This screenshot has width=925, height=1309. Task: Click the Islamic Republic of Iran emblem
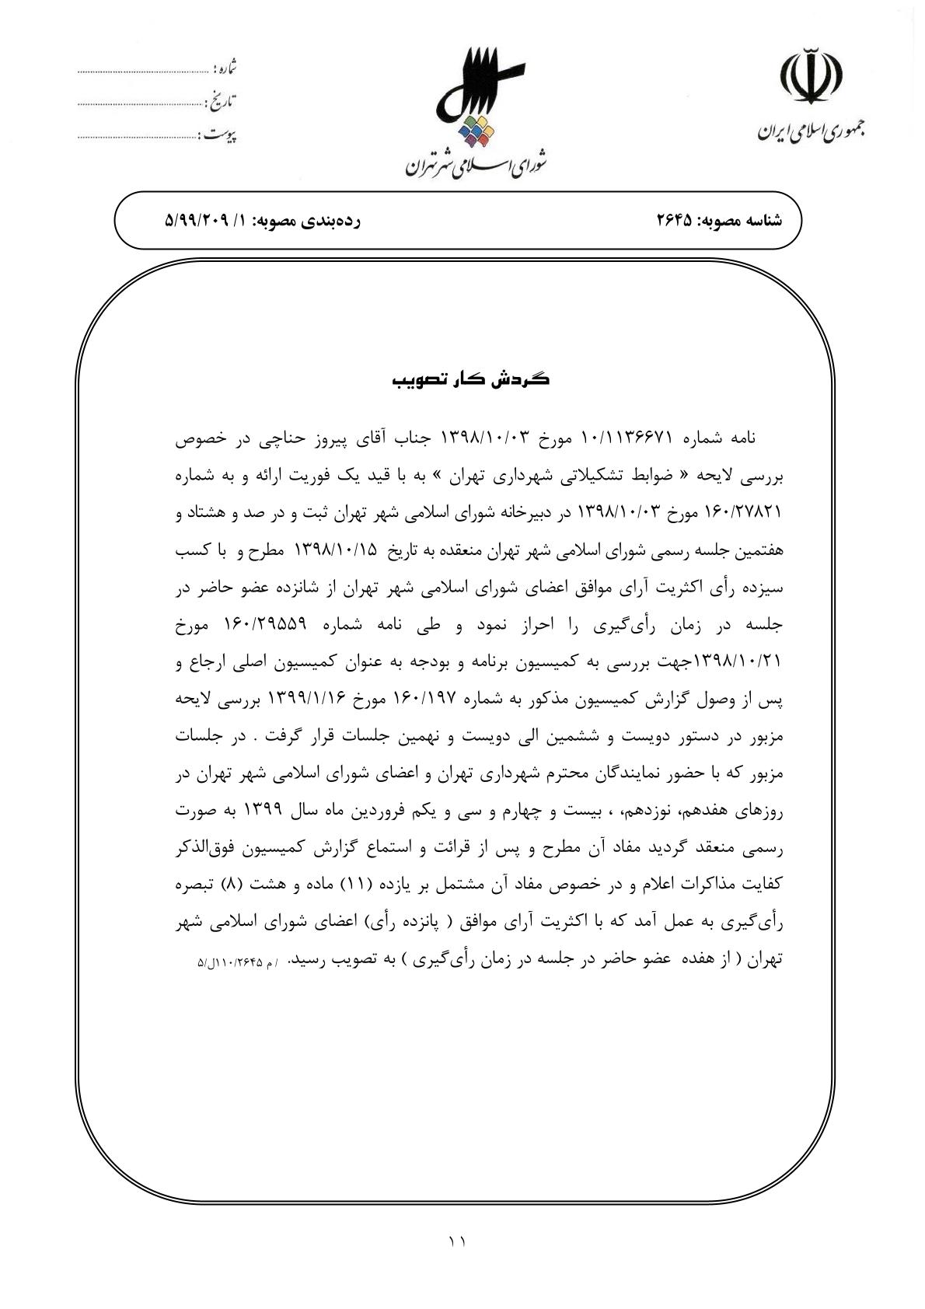(812, 76)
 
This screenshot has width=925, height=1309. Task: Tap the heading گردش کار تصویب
(469, 380)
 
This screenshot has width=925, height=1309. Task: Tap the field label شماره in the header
(225, 69)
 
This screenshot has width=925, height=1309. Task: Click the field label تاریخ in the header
(223, 101)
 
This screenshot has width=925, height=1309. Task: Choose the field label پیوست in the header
(222, 135)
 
